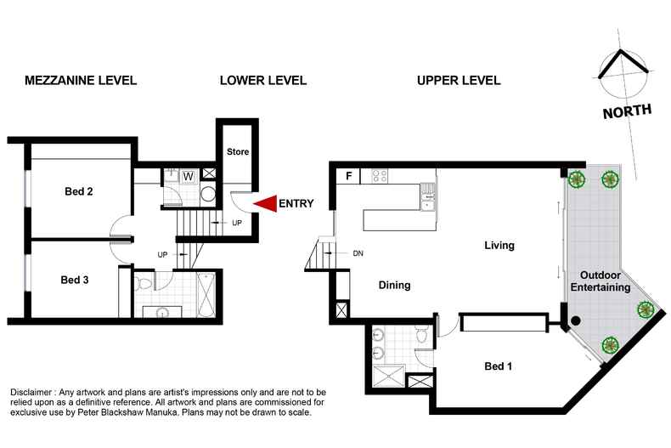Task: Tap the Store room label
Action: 238,152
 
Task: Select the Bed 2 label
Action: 79,191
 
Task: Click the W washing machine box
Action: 188,176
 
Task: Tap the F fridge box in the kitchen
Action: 347,177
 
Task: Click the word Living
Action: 499,246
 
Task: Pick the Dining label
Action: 394,286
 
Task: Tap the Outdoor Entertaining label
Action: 604,281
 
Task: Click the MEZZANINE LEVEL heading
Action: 81,81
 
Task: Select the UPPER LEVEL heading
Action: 458,81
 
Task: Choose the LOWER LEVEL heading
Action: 262,81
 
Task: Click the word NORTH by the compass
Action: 628,111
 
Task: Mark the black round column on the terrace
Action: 576,320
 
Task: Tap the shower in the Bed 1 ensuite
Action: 388,373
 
